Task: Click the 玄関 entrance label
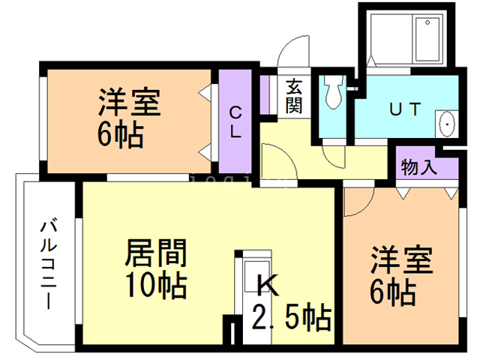point(293,96)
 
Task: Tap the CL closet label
point(235,123)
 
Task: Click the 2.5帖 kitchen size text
point(292,319)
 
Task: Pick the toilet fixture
point(333,93)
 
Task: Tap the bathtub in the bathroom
point(429,41)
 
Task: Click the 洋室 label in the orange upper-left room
point(129,103)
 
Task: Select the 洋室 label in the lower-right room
point(401,261)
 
